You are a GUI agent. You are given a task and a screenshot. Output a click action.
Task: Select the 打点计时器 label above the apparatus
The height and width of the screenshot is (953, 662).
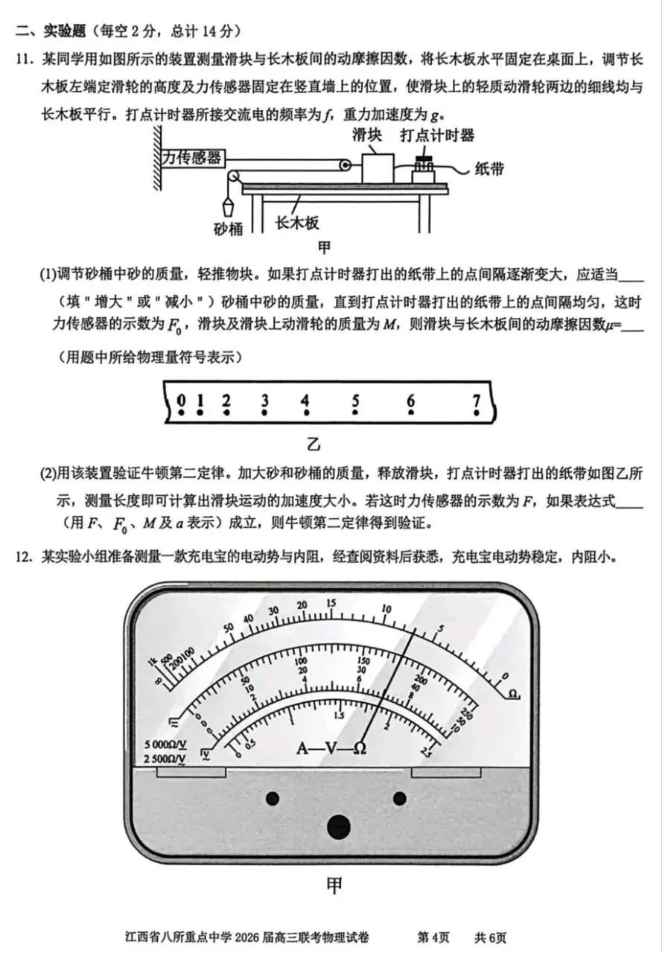click(437, 135)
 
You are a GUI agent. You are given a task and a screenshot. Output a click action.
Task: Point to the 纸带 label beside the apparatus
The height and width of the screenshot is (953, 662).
click(489, 168)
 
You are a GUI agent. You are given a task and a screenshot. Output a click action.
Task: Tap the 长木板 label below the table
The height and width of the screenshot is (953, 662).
click(297, 223)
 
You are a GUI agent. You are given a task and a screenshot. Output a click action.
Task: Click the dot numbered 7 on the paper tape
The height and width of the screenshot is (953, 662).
click(477, 412)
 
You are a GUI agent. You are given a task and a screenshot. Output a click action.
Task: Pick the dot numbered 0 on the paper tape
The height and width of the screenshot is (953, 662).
click(182, 412)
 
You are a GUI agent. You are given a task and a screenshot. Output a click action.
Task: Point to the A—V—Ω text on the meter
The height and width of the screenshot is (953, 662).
click(331, 748)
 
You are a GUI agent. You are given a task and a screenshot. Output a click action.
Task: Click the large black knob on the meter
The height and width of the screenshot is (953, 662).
click(339, 826)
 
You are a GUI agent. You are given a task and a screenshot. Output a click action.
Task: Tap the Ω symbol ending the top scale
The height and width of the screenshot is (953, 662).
click(513, 694)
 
